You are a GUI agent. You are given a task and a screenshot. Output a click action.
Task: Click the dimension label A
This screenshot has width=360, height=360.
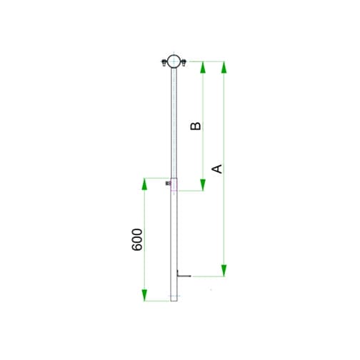click(x=219, y=169)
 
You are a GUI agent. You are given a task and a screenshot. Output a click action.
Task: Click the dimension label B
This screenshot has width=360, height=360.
click(x=196, y=126)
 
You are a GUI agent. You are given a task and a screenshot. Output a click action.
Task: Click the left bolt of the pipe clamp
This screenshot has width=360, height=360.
click(x=164, y=65)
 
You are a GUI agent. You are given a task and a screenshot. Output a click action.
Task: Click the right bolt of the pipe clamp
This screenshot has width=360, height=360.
click(x=183, y=65)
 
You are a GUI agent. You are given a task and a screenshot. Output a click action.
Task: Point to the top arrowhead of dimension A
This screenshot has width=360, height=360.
click(x=224, y=67)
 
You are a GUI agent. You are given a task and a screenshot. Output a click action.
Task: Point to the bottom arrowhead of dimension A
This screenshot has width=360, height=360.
click(x=224, y=269)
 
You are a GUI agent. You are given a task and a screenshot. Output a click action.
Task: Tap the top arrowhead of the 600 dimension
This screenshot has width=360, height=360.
click(x=144, y=183)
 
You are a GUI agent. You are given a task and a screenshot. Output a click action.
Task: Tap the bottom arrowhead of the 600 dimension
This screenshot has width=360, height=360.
click(x=144, y=295)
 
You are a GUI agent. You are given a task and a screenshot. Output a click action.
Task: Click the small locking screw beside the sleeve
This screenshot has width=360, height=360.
click(x=167, y=184)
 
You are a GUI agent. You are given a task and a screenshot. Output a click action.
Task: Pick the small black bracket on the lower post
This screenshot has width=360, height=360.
click(x=181, y=274)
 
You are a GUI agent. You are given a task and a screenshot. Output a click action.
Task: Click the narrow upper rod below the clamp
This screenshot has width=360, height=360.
click(x=174, y=121)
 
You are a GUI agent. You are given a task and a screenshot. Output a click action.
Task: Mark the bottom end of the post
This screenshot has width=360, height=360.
click(x=174, y=300)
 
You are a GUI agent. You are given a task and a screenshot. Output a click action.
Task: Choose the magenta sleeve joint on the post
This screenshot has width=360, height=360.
click(x=174, y=184)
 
